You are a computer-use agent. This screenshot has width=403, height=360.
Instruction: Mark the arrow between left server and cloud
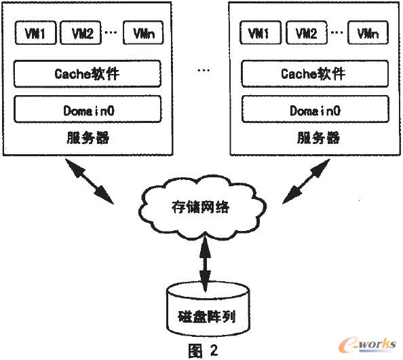point(88,181)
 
